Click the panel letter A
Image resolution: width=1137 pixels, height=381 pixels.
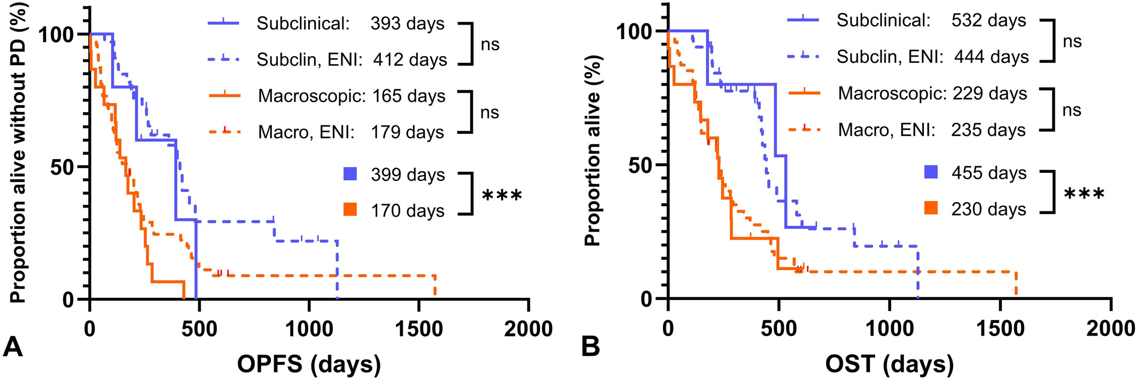[x=13, y=347]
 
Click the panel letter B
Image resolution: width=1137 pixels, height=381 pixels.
[x=590, y=347]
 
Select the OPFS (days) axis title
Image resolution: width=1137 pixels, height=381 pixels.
[x=309, y=364]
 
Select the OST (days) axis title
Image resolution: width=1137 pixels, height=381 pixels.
[x=889, y=364]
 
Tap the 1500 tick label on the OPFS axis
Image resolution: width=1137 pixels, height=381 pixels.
[x=419, y=329]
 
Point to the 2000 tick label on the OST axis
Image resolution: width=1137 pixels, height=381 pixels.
[x=1110, y=329]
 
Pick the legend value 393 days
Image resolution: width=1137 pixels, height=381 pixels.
[x=408, y=24]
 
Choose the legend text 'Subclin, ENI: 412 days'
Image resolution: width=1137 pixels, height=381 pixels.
[x=352, y=59]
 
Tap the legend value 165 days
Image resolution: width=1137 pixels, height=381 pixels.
[x=408, y=96]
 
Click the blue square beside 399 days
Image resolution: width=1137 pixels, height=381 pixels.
[x=350, y=174]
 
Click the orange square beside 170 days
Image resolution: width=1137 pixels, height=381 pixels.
[x=350, y=210]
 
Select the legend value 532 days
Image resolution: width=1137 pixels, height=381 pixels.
[x=988, y=21]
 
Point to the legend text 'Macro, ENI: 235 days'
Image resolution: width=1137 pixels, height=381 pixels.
[x=932, y=130]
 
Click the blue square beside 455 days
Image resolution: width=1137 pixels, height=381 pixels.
[x=931, y=172]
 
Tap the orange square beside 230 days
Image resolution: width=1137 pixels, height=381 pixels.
[x=931, y=208]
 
